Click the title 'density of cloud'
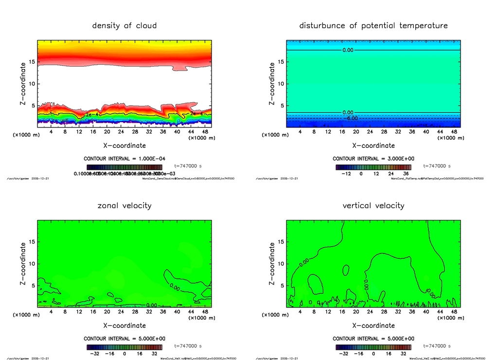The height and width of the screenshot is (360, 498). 124,25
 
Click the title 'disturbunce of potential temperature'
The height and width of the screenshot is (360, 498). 373,25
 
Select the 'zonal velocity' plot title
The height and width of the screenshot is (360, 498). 124,205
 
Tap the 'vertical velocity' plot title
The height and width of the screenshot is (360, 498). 373,205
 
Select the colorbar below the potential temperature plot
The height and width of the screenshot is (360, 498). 373,167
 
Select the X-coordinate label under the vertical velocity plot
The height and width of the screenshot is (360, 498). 373,325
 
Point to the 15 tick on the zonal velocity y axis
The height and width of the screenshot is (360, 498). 33,242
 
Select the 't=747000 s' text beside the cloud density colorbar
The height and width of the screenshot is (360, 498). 188,166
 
